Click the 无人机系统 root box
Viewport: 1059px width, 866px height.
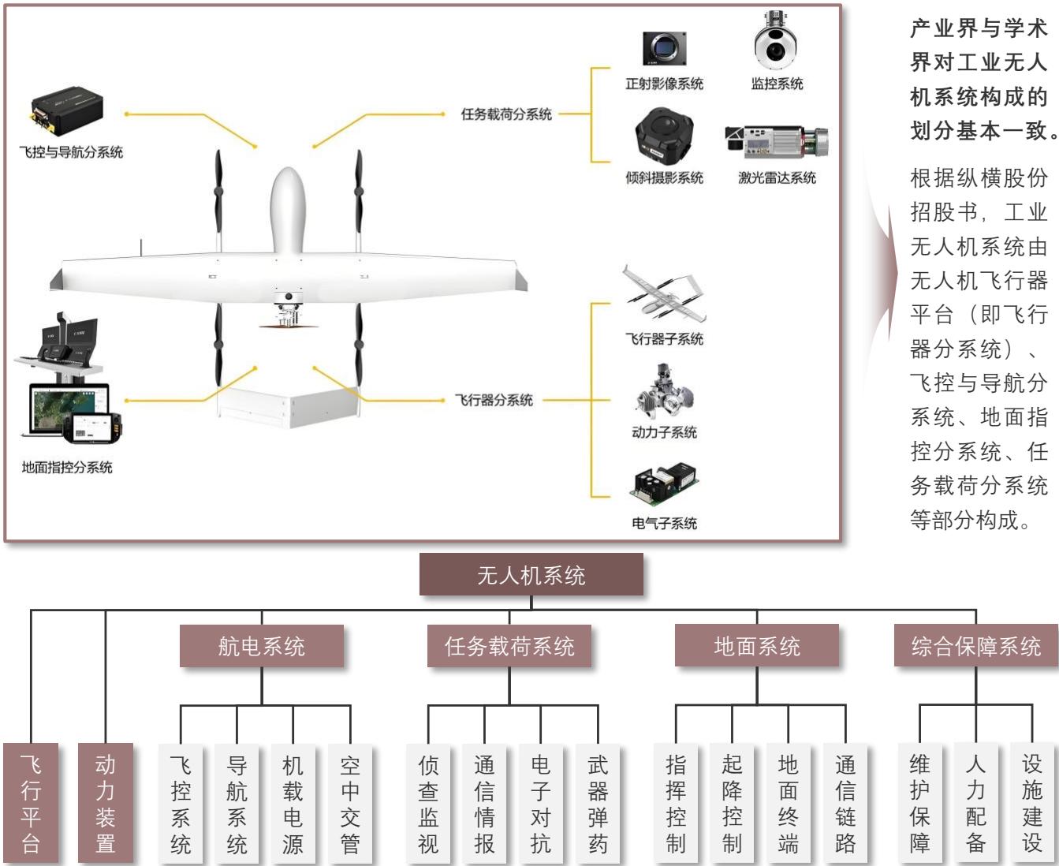point(531,574)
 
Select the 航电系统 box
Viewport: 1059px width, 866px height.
point(262,646)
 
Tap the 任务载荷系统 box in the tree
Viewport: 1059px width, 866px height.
point(509,646)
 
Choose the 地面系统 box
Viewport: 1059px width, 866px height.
point(757,645)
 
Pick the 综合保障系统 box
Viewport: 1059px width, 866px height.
point(976,645)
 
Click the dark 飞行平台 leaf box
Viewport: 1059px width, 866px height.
point(31,803)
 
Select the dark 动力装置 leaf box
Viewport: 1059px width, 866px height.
point(106,803)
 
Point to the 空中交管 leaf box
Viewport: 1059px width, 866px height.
point(350,804)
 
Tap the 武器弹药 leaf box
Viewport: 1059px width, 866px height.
point(598,804)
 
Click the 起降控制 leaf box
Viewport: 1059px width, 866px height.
point(732,803)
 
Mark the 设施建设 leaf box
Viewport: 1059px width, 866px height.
point(1032,803)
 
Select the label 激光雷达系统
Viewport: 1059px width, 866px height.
point(777,177)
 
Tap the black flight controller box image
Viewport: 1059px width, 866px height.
point(67,110)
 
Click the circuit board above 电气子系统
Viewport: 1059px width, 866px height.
point(665,485)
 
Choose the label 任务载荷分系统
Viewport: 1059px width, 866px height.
point(506,114)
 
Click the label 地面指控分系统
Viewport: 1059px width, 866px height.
point(67,468)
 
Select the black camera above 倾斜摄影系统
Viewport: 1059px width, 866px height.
point(664,136)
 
